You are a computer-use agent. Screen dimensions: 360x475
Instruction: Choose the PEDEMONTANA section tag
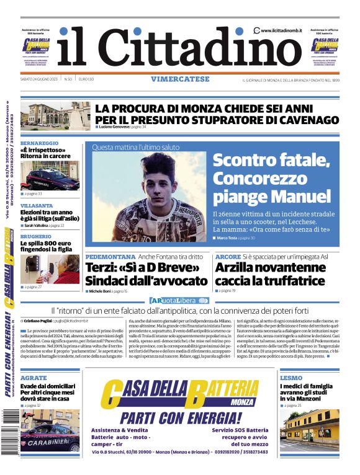(110, 256)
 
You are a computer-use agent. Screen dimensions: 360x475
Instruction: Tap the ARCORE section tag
(228, 256)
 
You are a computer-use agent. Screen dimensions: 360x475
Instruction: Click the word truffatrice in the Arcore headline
(290, 281)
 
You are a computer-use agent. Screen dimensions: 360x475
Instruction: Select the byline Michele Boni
(103, 290)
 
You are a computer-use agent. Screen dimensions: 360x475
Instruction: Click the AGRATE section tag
(34, 377)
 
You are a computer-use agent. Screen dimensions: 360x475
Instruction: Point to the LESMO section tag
(291, 377)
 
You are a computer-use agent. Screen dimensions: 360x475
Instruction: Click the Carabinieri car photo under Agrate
(50, 430)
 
